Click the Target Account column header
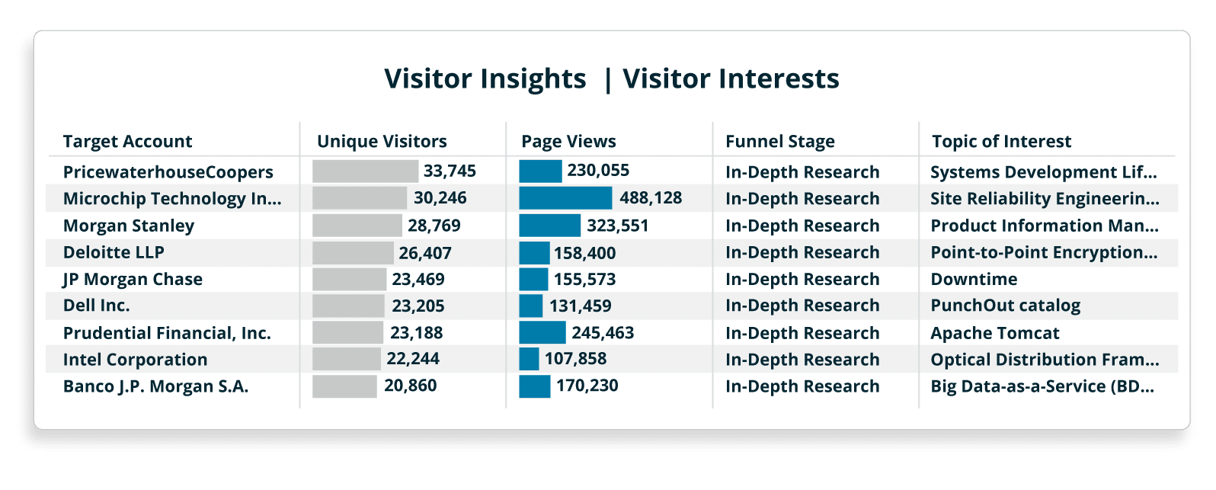pyautogui.click(x=127, y=142)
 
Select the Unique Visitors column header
pyautogui.click(x=382, y=142)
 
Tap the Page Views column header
pyautogui.click(x=568, y=142)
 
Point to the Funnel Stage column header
pyautogui.click(x=779, y=142)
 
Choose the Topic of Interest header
pyautogui.click(x=1001, y=142)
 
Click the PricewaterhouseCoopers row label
pyautogui.click(x=168, y=172)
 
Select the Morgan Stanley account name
pyautogui.click(x=128, y=226)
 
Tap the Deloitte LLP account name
pyautogui.click(x=114, y=252)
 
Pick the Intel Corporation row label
pyautogui.click(x=135, y=360)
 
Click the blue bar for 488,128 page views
pyautogui.click(x=565, y=198)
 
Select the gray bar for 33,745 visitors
pyautogui.click(x=365, y=171)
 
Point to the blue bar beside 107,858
pyautogui.click(x=529, y=359)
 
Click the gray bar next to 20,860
pyautogui.click(x=344, y=386)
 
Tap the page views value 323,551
pyautogui.click(x=617, y=226)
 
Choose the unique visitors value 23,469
pyautogui.click(x=418, y=280)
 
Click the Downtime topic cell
pyautogui.click(x=974, y=280)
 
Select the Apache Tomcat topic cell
pyautogui.click(x=994, y=333)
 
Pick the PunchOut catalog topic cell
pyautogui.click(x=1005, y=306)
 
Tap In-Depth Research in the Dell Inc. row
pyautogui.click(x=802, y=306)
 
